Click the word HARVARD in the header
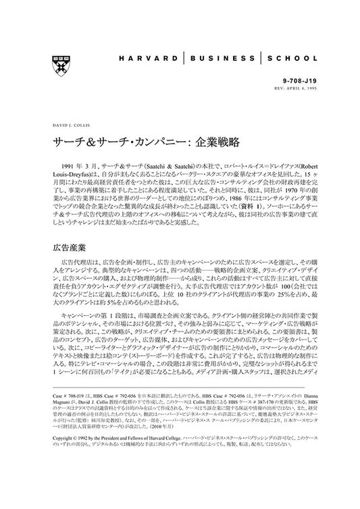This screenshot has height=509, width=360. point(143,59)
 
